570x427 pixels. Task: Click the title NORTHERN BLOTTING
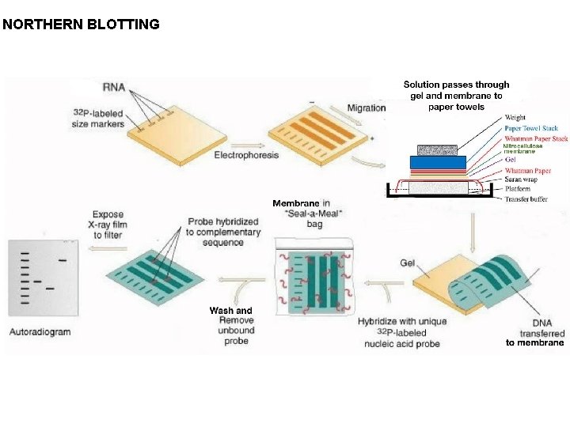point(81,25)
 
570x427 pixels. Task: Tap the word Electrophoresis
point(246,155)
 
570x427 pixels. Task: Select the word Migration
point(367,108)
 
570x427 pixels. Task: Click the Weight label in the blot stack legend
point(515,118)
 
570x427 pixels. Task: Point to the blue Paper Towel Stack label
point(531,128)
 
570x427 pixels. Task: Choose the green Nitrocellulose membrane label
point(523,148)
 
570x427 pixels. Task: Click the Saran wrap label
point(522,179)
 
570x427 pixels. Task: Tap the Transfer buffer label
point(526,198)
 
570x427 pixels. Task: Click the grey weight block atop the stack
point(438,149)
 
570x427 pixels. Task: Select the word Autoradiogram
point(40,331)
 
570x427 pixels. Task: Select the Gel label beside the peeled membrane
point(408,263)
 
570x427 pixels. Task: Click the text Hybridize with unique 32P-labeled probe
point(402,332)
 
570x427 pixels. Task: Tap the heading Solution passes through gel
point(456,96)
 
